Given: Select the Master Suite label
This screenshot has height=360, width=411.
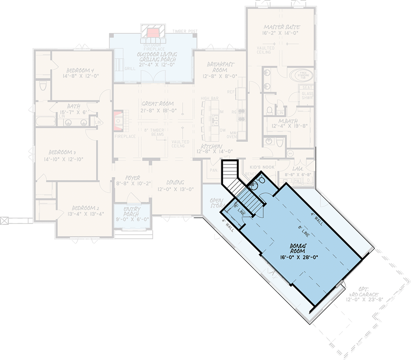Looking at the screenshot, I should click(x=282, y=27).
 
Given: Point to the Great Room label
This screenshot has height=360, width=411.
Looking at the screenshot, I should click(x=157, y=104).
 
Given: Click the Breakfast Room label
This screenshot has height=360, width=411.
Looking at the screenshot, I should click(x=220, y=67).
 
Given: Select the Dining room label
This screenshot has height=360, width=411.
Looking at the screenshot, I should click(x=175, y=182).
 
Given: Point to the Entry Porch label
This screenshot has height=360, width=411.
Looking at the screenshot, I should click(x=132, y=212).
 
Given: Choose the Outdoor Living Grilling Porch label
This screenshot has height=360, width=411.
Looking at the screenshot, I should click(x=156, y=58).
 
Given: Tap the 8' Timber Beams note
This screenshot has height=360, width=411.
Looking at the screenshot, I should click(x=155, y=132).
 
